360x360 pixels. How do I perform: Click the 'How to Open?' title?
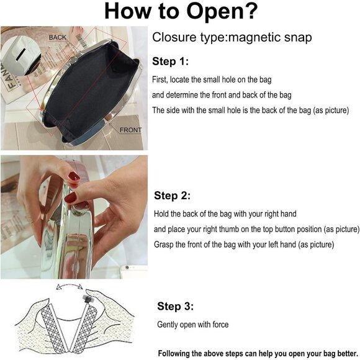pos(181,11)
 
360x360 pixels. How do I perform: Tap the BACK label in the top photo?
pos(57,37)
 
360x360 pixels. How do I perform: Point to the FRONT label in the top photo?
pos(130,130)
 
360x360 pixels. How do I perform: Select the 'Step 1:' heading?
pos(170,61)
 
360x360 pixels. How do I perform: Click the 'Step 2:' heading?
pos(172,196)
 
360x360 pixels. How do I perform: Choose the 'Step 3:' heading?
pos(176,306)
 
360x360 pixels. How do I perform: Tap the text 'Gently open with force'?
pos(193,325)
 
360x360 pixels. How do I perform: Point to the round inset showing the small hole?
pos(21,56)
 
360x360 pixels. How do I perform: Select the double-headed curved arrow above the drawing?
pos(69,285)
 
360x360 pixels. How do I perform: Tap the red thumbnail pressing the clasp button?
pos(71,197)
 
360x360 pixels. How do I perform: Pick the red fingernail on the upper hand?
pos(74,176)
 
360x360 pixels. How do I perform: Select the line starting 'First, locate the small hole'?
pos(212,79)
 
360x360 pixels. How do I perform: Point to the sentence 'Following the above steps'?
pos(258,354)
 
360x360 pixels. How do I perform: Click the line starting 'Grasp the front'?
pos(244,245)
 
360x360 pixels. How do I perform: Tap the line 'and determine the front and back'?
pos(222,95)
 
